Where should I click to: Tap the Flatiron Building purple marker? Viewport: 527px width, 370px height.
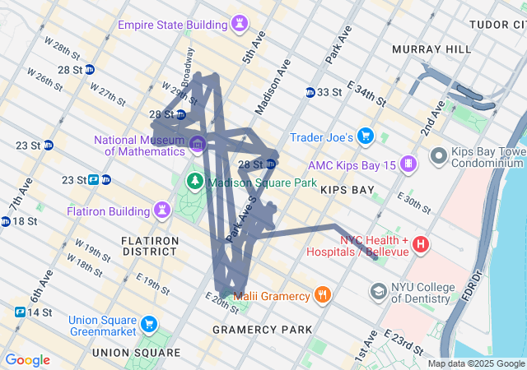tap(163, 211)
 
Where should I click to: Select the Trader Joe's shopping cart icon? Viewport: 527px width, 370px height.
tap(366, 136)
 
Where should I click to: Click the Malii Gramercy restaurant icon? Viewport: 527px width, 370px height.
tap(323, 295)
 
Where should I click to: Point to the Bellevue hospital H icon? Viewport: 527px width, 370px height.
tap(421, 244)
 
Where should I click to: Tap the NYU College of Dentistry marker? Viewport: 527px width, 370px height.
tap(379, 292)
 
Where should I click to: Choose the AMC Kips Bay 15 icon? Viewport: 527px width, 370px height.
tap(407, 165)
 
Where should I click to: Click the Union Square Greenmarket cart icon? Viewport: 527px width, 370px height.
tap(148, 323)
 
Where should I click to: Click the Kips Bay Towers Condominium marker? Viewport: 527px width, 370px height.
tap(439, 155)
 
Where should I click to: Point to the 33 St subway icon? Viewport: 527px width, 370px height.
tap(310, 92)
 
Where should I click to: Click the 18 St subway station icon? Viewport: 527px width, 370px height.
tap(6, 221)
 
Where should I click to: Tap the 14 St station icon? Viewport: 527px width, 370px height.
tap(20, 312)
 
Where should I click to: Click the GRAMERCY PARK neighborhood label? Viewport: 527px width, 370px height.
tap(262, 330)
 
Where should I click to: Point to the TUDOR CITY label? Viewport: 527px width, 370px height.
tap(497, 25)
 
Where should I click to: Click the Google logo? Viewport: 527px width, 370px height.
tap(27, 360)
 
